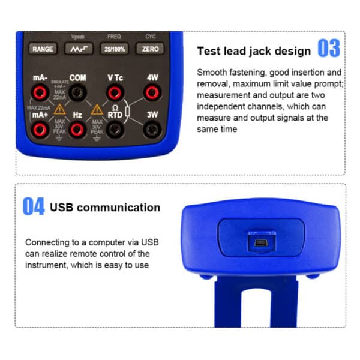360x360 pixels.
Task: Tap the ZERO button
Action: (151, 49)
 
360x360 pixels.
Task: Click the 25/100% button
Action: (115, 49)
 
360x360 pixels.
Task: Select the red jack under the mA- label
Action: (40, 92)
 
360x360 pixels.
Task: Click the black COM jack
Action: (77, 92)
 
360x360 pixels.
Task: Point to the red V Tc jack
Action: (115, 92)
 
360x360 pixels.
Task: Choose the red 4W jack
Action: (152, 92)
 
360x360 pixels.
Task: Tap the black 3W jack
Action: (152, 128)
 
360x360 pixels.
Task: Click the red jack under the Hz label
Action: (77, 128)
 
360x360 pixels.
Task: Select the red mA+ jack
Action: (40, 128)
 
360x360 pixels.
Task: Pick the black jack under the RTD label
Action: (115, 128)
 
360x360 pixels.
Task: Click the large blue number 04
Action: (34, 207)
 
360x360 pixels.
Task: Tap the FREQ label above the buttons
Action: (114, 37)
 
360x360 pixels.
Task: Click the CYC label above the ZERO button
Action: (150, 37)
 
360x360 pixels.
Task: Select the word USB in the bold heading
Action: (64, 208)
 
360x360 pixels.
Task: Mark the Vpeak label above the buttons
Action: (79, 37)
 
